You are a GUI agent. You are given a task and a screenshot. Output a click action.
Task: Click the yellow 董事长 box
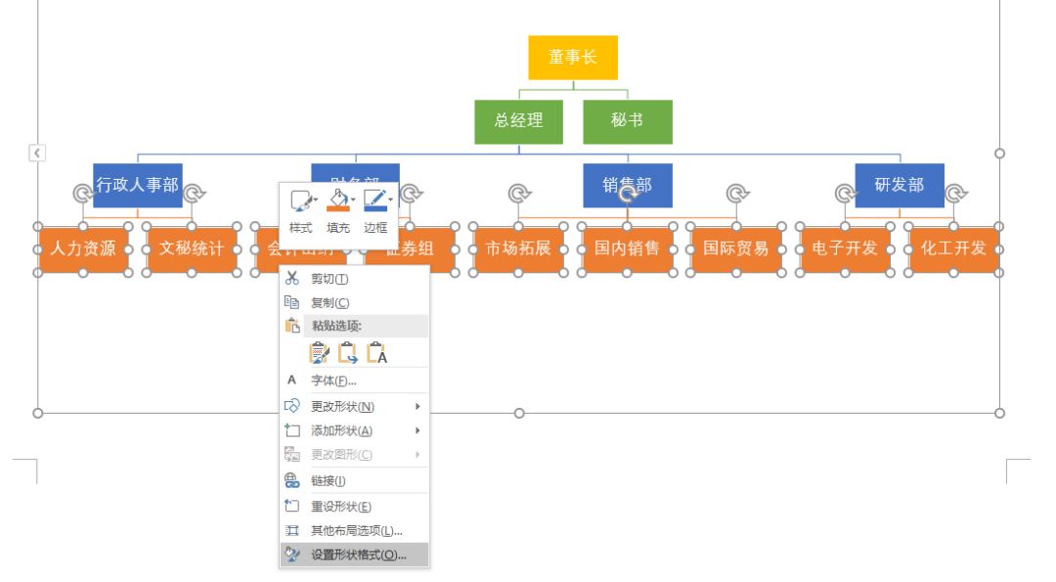tap(573, 58)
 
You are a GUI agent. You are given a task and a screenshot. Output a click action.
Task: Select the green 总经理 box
tap(518, 121)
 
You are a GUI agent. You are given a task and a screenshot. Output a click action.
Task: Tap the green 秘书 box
tap(628, 121)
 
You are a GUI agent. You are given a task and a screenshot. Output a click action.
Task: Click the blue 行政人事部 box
tap(137, 185)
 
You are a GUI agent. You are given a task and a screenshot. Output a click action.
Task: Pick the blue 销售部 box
tap(628, 185)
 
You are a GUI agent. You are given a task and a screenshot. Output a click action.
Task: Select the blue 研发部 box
tap(900, 185)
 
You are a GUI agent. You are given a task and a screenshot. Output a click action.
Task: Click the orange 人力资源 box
tap(83, 248)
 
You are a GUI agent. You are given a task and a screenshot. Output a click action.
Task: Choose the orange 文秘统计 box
tap(192, 248)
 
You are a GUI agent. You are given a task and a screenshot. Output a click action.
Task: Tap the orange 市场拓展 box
tap(518, 248)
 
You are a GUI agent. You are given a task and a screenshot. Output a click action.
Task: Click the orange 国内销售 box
tap(628, 248)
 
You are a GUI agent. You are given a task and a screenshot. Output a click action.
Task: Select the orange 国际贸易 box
tap(736, 248)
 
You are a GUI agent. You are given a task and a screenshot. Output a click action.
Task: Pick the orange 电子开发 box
tap(845, 248)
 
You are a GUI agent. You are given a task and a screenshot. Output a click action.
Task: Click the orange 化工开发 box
tap(953, 248)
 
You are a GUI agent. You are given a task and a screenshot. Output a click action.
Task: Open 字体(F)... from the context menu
tap(333, 381)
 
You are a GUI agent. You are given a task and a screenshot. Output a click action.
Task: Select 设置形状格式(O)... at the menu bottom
tap(358, 556)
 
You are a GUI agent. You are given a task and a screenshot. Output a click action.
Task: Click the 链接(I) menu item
tap(328, 481)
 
